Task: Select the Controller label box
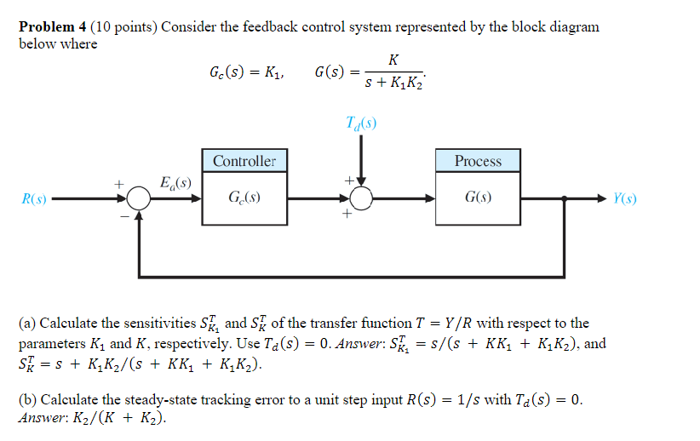(244, 161)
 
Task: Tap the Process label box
(478, 161)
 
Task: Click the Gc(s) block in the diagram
(244, 199)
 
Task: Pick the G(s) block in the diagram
(478, 199)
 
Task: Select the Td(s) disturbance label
(362, 123)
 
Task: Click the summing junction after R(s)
(138, 199)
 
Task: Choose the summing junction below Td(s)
(362, 199)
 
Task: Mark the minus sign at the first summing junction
(123, 217)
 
